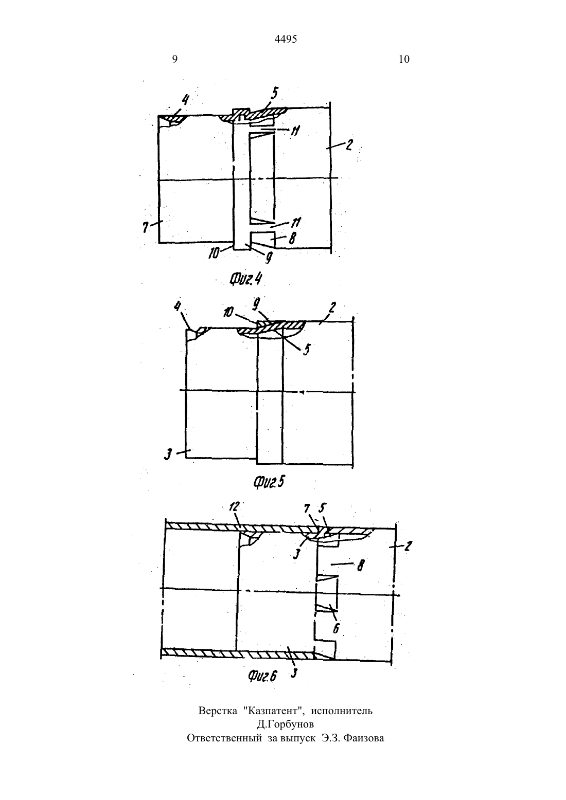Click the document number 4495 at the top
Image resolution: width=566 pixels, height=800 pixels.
pos(286,39)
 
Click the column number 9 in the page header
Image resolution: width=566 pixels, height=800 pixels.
pos(175,59)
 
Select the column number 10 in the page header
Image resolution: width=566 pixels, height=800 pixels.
pos(404,59)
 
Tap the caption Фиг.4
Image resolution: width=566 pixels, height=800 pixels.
pos(245,279)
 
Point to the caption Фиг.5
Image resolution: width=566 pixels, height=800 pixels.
pos(269,482)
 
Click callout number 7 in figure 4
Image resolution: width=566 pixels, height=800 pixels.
pos(146,227)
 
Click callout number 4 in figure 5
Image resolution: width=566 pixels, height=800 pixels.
pos(178,307)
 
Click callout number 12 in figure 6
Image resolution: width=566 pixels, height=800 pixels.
pos(234,506)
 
